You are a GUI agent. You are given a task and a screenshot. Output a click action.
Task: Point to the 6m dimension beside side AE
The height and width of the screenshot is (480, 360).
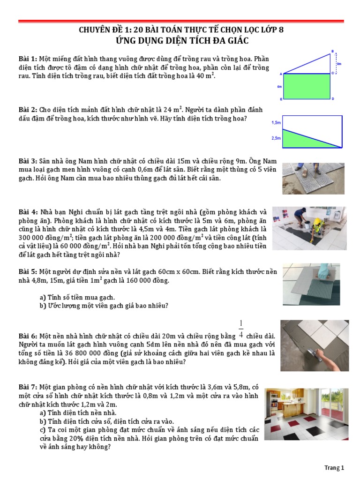(279, 87)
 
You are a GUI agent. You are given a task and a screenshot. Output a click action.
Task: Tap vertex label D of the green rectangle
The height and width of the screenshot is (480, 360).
(333, 99)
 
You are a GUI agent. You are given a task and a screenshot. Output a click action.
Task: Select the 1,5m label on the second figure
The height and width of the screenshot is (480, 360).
(276, 123)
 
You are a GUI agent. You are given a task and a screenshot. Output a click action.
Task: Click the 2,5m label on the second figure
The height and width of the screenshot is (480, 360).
(276, 138)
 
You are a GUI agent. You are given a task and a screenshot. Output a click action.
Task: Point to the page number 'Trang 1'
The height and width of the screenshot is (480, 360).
(334, 468)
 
